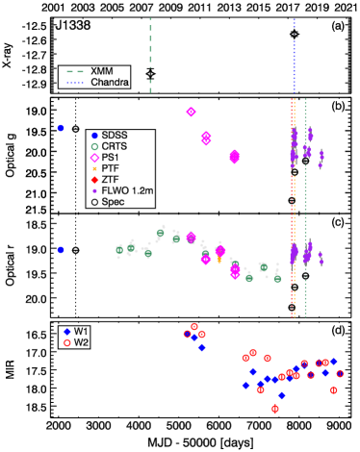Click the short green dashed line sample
(x=75, y=71)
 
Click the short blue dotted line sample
(x=75, y=83)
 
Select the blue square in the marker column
(x=94, y=136)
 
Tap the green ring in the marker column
(x=94, y=146)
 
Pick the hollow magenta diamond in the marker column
(x=94, y=158)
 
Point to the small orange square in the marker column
(x=94, y=168)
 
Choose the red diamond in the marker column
(x=94, y=180)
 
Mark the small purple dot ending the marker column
(x=94, y=190)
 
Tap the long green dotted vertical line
(x=305, y=207)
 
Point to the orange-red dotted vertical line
(x=293, y=207)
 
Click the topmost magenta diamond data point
(x=191, y=112)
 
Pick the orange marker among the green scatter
(x=219, y=260)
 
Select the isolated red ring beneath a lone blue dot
(x=67, y=342)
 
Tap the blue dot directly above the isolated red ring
(x=67, y=332)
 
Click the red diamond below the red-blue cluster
(x=274, y=409)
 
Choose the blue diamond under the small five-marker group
(x=201, y=347)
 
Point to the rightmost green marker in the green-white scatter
(x=277, y=278)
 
